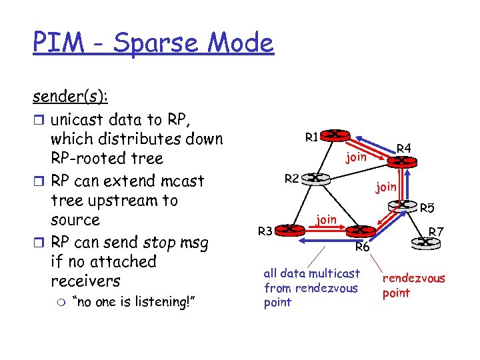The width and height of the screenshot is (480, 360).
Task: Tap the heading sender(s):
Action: [x=71, y=97]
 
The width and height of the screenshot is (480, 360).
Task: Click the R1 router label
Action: [x=311, y=138]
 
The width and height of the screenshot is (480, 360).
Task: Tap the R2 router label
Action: [x=291, y=178]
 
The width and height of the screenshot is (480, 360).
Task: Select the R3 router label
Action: [x=265, y=231]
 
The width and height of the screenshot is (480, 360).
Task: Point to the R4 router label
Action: [x=404, y=148]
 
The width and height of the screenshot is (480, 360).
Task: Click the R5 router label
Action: [x=427, y=208]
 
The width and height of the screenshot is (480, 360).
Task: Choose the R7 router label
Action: [x=437, y=232]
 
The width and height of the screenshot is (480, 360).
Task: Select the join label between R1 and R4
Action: [x=356, y=157]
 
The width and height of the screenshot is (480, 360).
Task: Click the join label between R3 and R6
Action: [x=326, y=218]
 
